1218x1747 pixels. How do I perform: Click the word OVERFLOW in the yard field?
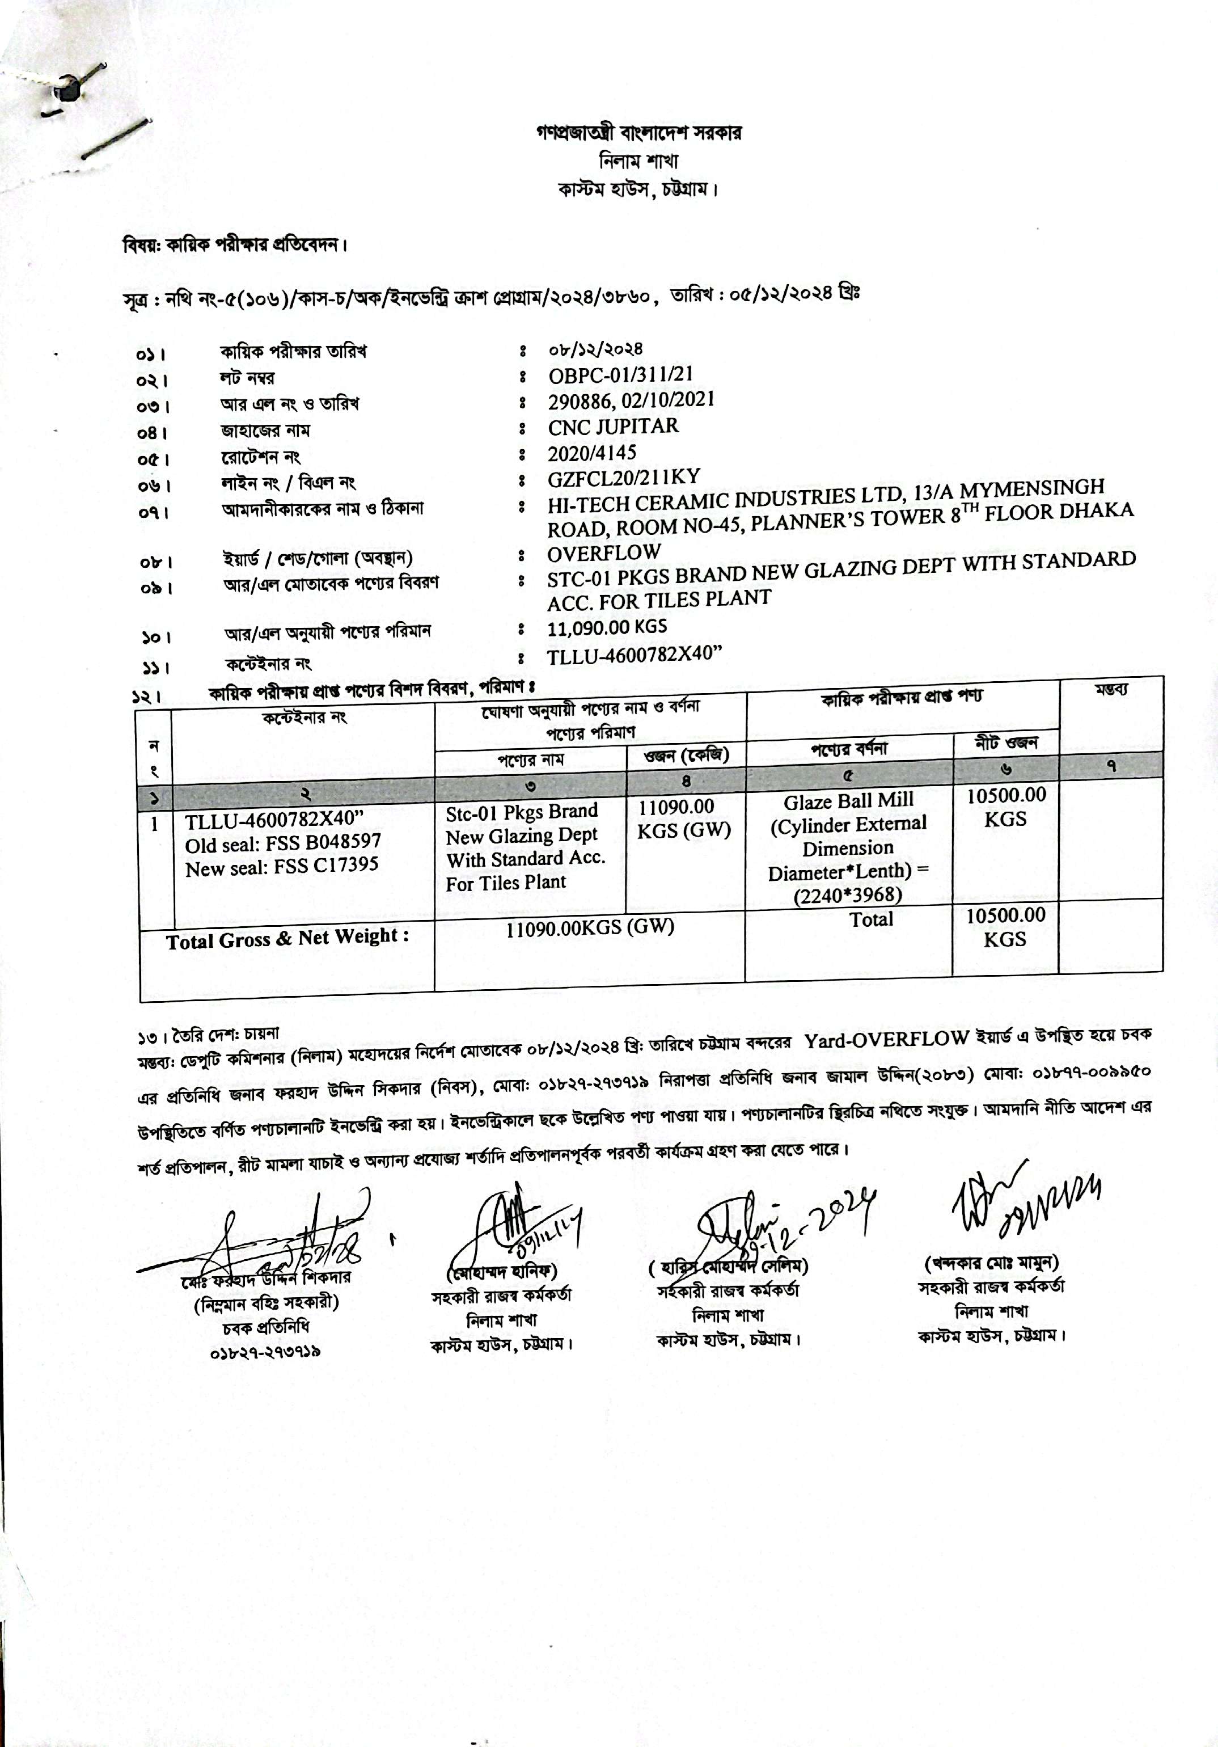click(603, 552)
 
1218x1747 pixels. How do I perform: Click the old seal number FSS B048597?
click(282, 842)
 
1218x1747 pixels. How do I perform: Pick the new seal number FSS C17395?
click(281, 867)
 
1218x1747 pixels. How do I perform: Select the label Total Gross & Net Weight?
click(287, 938)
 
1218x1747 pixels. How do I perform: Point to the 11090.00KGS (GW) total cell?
click(590, 927)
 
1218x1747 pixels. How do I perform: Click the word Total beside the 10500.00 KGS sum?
click(870, 920)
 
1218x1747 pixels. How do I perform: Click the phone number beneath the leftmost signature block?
click(264, 1351)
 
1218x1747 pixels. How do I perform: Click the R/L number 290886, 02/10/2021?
click(631, 400)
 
